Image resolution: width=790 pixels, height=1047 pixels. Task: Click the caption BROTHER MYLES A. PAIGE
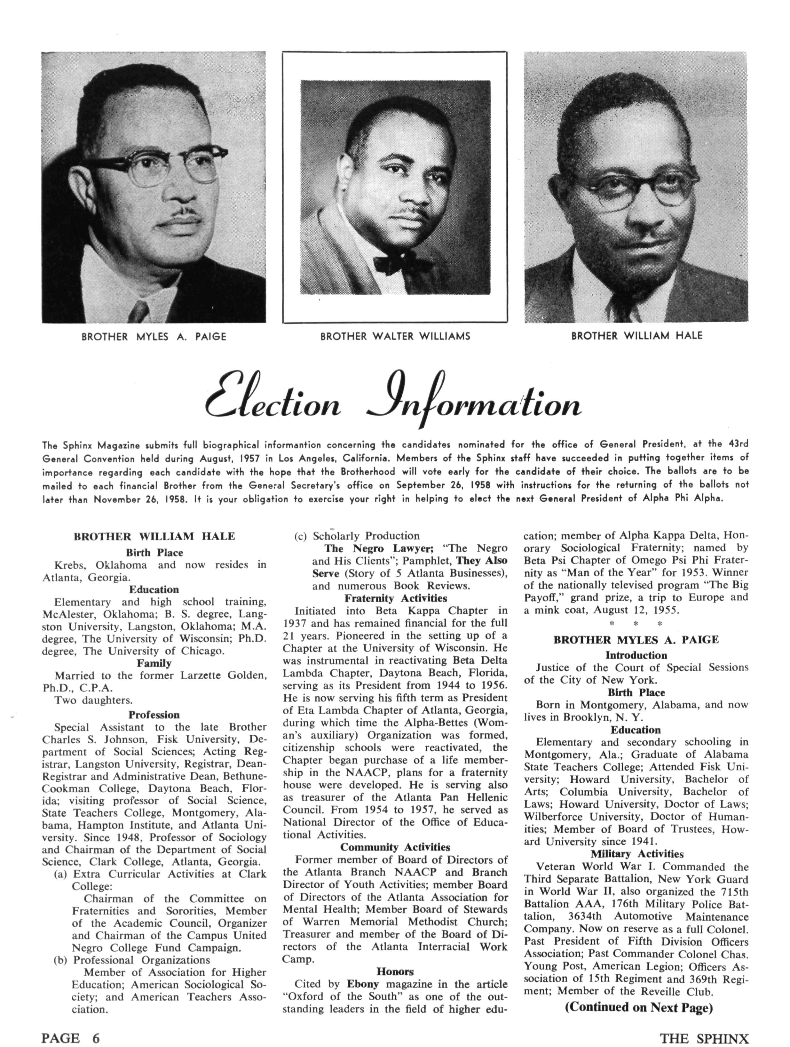(154, 337)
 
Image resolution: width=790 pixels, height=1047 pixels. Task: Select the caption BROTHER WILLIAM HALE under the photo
(637, 336)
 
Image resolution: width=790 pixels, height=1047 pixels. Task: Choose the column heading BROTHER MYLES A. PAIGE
(636, 639)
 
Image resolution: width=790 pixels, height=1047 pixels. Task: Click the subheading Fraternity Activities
(395, 598)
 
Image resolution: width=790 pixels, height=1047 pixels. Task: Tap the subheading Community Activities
(395, 847)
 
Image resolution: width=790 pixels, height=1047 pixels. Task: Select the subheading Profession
(154, 715)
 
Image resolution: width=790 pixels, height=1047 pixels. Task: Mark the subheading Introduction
(636, 655)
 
